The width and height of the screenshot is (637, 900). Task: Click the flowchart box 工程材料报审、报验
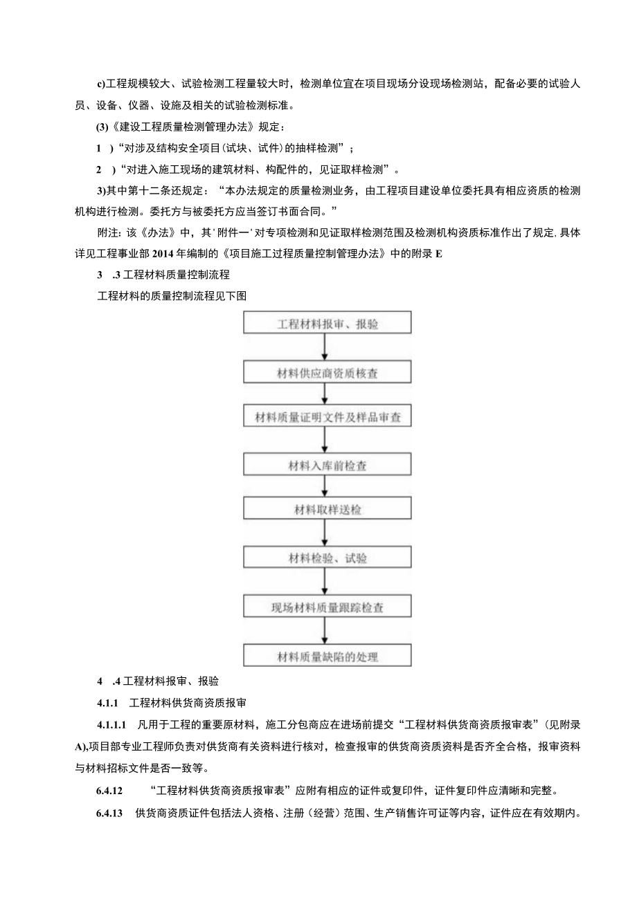pyautogui.click(x=327, y=323)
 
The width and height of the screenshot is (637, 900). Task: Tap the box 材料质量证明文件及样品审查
pyautogui.click(x=327, y=418)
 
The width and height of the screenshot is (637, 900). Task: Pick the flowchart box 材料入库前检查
pyautogui.click(x=327, y=466)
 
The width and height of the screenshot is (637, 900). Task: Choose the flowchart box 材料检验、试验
pyautogui.click(x=327, y=558)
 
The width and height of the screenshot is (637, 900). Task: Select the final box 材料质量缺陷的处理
pyautogui.click(x=327, y=656)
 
